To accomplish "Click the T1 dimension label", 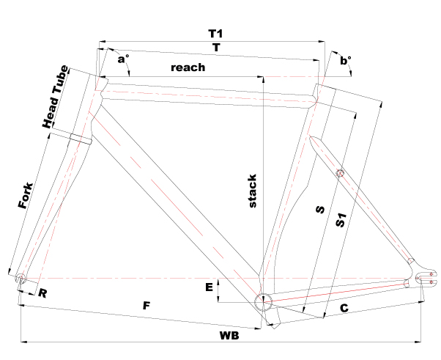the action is click(x=215, y=34).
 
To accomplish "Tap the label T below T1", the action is click(x=216, y=48).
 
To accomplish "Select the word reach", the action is click(x=188, y=67).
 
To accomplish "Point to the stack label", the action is click(x=253, y=191).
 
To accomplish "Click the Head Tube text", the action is click(x=55, y=97).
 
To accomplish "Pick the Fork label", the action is click(x=26, y=196).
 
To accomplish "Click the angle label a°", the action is click(x=123, y=59).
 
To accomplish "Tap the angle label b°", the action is click(x=346, y=60).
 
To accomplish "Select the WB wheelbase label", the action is click(x=229, y=336).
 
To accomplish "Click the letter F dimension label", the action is click(x=147, y=306).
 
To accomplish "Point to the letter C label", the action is click(x=344, y=308).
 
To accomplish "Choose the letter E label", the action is click(x=209, y=287).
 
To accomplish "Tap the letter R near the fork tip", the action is click(x=42, y=293).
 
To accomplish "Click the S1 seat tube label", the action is click(x=341, y=220).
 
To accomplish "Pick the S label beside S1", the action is click(x=320, y=210).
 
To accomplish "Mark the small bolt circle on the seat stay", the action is click(x=340, y=172).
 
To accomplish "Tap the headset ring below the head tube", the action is click(x=81, y=139).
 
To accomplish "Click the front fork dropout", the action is click(x=21, y=279).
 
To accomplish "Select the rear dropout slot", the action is click(x=426, y=278).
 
